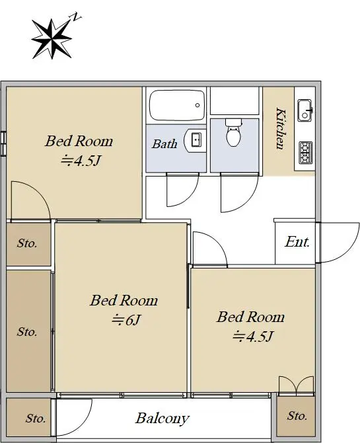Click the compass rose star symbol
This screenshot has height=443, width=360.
click(x=52, y=38)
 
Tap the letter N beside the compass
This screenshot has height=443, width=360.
click(x=75, y=17)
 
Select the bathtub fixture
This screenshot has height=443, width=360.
click(x=177, y=105)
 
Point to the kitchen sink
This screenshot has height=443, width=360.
click(x=305, y=110)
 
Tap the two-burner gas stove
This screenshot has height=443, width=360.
click(x=306, y=153)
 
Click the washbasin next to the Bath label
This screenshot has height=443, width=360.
click(x=195, y=140)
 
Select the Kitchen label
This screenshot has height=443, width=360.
click(x=280, y=128)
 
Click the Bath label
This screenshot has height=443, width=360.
click(x=164, y=143)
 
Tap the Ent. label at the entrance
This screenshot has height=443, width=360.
click(x=297, y=242)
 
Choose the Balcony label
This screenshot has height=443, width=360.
click(x=162, y=419)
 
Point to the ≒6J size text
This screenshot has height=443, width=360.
click(x=126, y=320)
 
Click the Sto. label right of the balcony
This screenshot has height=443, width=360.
click(x=297, y=416)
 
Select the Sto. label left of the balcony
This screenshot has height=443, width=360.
click(x=36, y=419)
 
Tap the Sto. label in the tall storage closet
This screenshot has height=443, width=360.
click(x=27, y=332)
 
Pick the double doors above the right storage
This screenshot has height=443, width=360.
click(x=296, y=386)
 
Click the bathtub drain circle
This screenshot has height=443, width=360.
click(x=198, y=105)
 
